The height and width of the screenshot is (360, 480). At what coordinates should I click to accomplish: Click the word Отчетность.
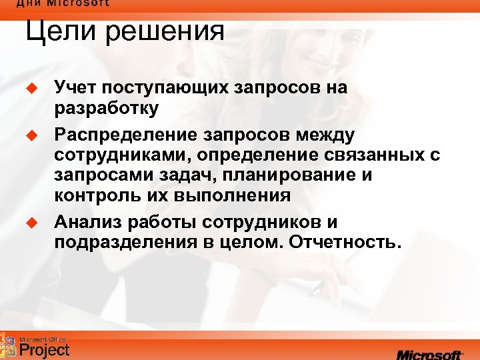pyautogui.click(x=346, y=241)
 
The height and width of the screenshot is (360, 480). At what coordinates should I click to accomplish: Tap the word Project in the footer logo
pyautogui.click(x=44, y=349)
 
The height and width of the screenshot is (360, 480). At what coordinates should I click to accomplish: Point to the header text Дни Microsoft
pyautogui.click(x=63, y=3)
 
